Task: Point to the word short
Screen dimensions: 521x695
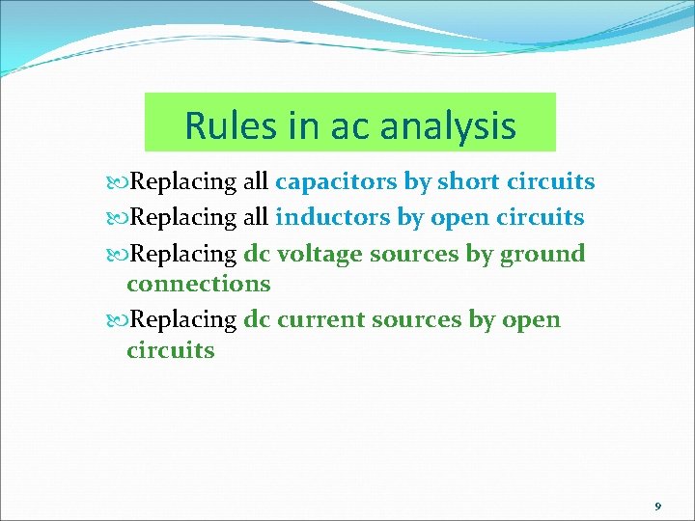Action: (x=469, y=181)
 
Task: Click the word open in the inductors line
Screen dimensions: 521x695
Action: (x=459, y=218)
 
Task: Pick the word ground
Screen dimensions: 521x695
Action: (x=544, y=254)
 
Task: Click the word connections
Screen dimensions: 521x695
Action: (x=198, y=284)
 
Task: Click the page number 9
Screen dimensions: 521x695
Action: (x=657, y=506)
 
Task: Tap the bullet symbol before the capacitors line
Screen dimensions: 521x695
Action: (x=119, y=182)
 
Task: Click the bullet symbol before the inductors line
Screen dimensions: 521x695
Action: (x=119, y=218)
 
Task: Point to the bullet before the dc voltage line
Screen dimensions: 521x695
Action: (x=119, y=255)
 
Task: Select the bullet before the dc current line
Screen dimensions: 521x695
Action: (x=119, y=320)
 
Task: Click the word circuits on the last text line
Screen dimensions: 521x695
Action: (x=171, y=349)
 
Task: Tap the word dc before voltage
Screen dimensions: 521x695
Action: (x=257, y=254)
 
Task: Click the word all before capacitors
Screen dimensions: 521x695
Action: (x=256, y=181)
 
